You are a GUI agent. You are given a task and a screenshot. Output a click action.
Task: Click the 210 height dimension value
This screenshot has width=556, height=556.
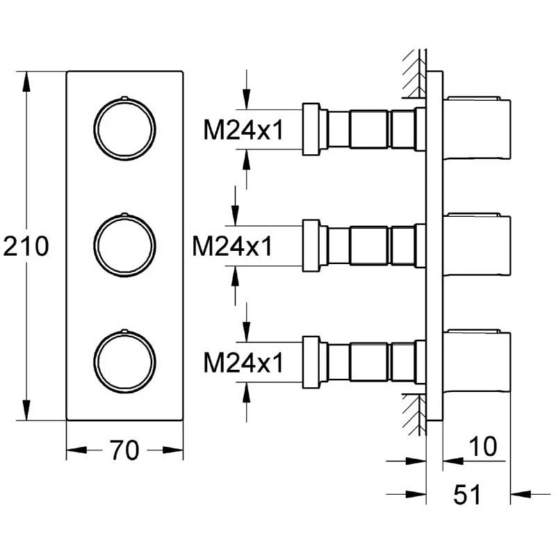click(x=26, y=247)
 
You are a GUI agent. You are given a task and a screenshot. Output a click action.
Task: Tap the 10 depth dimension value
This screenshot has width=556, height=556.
click(x=483, y=447)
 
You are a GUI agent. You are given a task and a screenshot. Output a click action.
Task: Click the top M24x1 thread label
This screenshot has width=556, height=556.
click(x=243, y=129)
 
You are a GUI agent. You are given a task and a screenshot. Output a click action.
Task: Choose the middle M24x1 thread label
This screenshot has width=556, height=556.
click(x=233, y=245)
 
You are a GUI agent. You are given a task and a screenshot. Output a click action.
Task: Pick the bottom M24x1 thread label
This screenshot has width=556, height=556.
click(x=243, y=362)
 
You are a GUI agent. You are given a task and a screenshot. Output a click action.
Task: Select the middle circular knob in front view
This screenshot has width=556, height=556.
click(x=124, y=246)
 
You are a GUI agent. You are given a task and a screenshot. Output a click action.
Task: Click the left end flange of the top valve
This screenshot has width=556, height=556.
click(x=311, y=129)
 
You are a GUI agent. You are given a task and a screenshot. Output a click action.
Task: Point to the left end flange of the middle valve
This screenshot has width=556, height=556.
click(x=311, y=246)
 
